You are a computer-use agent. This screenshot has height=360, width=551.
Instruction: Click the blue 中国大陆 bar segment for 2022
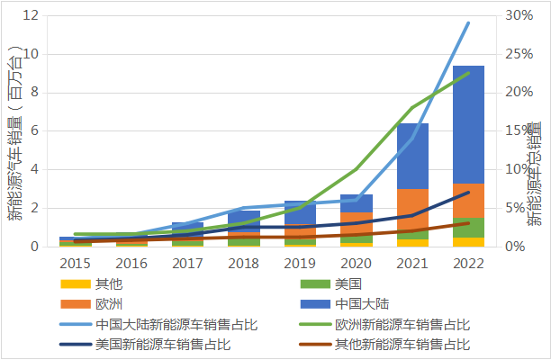[468, 124]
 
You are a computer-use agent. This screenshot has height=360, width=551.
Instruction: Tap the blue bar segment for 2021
[412, 156]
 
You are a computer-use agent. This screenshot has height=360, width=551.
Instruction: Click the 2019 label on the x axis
[299, 263]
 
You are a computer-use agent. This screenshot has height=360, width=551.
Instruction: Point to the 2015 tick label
[75, 263]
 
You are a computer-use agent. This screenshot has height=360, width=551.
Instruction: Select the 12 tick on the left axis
[30, 15]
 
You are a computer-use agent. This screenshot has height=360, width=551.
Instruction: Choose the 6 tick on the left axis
[33, 130]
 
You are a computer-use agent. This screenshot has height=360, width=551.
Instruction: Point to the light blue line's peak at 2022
[468, 23]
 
